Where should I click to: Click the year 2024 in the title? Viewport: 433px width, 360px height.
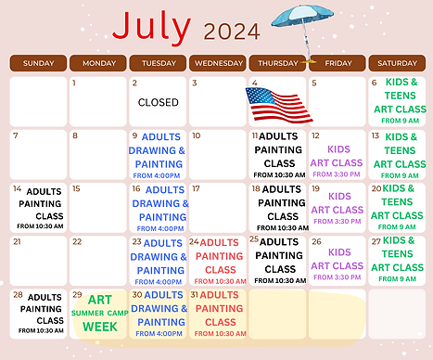tap(232, 33)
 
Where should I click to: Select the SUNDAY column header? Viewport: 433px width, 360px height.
tap(38, 63)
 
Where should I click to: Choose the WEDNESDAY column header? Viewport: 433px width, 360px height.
tap(218, 63)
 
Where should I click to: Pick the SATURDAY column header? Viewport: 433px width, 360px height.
tap(398, 63)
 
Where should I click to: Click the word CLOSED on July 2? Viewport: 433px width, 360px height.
tap(158, 103)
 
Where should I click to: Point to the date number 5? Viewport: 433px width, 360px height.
tap(314, 83)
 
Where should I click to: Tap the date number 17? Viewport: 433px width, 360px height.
tap(196, 188)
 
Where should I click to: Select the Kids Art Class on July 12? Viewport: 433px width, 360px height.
tap(338, 156)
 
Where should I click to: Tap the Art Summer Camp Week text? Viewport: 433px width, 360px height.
tap(98, 314)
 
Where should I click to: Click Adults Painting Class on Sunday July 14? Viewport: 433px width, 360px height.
tap(39, 209)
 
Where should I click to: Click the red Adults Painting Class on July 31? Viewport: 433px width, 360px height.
tap(219, 314)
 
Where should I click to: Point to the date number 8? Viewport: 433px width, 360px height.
tap(76, 135)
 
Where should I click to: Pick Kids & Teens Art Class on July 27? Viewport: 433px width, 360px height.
tap(400, 259)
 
